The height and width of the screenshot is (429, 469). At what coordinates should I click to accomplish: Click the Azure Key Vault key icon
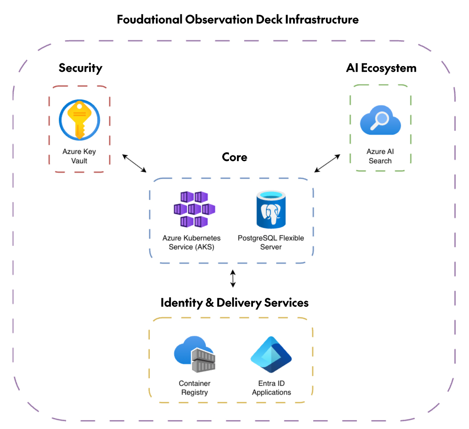(x=79, y=120)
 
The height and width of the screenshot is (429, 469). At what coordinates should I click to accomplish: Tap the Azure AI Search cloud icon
(x=380, y=120)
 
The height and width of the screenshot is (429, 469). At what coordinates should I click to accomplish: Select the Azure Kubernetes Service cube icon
(x=195, y=209)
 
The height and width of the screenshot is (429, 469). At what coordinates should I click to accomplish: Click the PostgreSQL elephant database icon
(x=271, y=209)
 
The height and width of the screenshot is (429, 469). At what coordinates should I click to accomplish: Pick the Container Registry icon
(x=195, y=354)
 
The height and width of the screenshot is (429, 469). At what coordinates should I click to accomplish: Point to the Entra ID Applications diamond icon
(x=271, y=355)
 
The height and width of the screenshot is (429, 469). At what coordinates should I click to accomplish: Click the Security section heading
(x=81, y=68)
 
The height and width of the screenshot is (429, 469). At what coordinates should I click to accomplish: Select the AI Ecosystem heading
(x=381, y=68)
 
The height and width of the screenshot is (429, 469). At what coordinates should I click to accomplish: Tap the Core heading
(x=234, y=157)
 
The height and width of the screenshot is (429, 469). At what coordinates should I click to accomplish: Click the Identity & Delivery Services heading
(x=234, y=303)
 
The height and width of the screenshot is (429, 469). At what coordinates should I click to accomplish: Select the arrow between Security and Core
(x=135, y=163)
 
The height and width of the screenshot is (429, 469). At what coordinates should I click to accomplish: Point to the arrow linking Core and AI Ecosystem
(x=327, y=163)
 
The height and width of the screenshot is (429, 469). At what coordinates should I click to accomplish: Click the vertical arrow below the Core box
(x=232, y=278)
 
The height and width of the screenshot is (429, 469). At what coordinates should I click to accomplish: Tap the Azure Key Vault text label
(x=79, y=156)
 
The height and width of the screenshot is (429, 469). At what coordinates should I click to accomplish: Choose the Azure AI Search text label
(x=380, y=156)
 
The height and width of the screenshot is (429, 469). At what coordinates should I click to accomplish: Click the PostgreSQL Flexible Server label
(x=271, y=242)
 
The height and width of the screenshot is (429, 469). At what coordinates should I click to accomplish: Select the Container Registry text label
(x=195, y=388)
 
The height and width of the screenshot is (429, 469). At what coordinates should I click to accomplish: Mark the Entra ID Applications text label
(x=271, y=388)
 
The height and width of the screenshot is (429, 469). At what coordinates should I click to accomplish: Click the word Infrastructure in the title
(x=322, y=20)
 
